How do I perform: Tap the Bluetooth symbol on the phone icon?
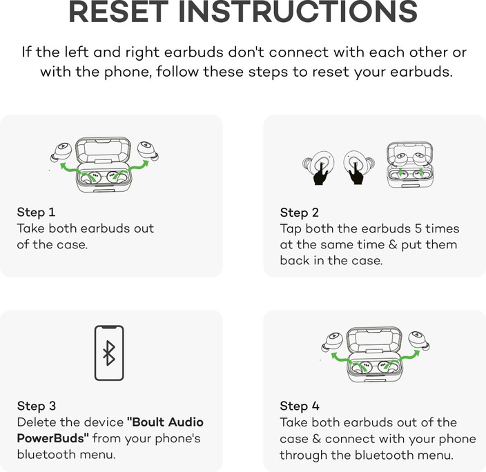point(108,353)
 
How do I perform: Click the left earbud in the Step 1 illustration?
point(62,150)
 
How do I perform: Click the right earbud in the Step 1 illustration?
point(147,150)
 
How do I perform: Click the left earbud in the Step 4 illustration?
point(332,342)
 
